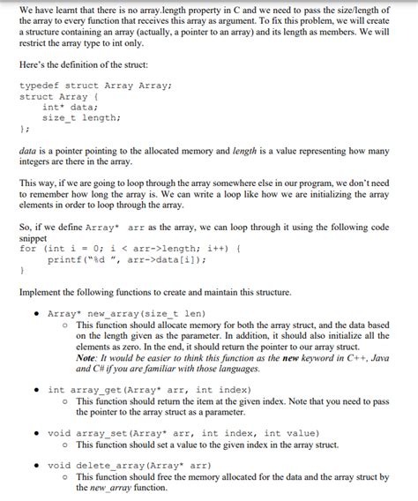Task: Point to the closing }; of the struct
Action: [24, 128]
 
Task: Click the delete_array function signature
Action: [129, 465]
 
